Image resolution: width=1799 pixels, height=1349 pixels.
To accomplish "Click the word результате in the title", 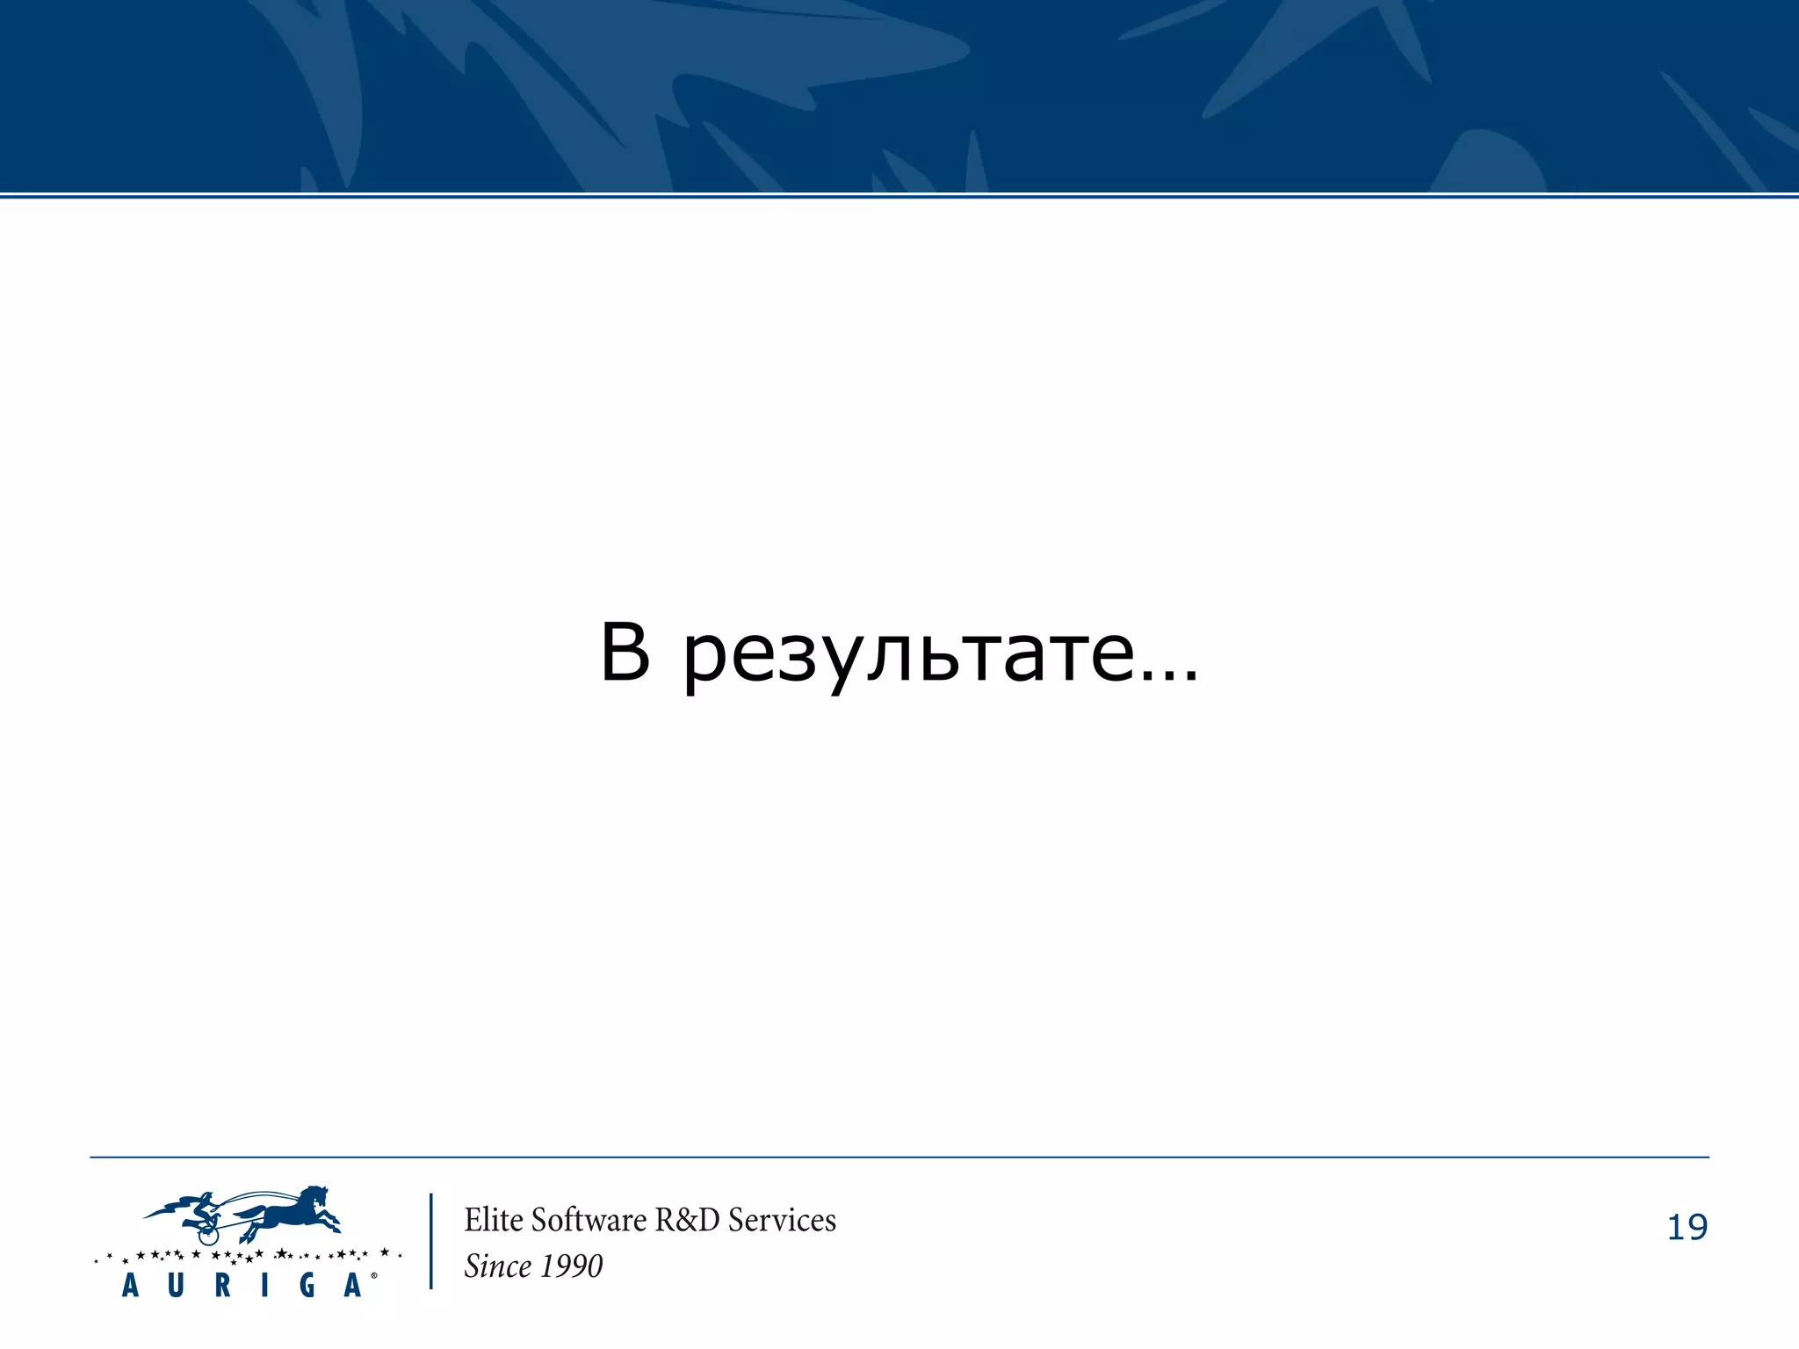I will tap(909, 654).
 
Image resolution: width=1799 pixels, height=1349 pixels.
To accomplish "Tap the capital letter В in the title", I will tap(625, 652).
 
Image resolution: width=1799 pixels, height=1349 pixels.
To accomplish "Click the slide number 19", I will tap(1687, 1227).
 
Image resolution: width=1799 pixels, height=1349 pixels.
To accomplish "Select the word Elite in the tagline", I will tap(494, 1220).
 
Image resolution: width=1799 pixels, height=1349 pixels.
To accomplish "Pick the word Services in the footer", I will tap(782, 1220).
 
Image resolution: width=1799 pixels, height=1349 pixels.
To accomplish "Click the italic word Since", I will tap(497, 1266).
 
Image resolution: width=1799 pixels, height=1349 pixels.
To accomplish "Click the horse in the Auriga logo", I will tap(290, 1212).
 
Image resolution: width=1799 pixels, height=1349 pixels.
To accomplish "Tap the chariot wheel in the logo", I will tap(208, 1234).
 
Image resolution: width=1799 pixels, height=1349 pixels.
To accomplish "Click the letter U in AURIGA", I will tap(176, 1286).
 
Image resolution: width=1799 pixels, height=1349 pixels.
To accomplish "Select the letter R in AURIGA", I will tap(222, 1286).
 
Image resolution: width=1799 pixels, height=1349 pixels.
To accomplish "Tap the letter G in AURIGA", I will tap(307, 1286).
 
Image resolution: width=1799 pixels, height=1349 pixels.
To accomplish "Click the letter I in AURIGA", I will tap(264, 1286).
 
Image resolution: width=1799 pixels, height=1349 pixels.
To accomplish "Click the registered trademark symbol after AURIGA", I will tap(374, 1275).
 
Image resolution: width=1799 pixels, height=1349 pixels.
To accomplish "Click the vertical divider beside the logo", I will tap(431, 1241).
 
